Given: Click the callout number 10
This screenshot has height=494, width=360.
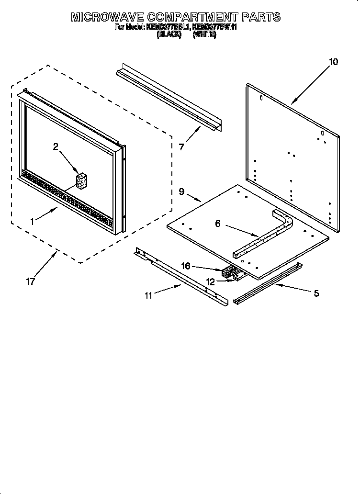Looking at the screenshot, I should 333,62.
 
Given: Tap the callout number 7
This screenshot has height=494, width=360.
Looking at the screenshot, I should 181,147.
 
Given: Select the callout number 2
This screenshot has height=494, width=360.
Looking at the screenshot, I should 56,147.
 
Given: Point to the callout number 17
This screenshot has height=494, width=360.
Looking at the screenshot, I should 30,281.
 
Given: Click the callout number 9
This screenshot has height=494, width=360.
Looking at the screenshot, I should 181,191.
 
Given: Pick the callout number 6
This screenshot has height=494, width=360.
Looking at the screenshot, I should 218,224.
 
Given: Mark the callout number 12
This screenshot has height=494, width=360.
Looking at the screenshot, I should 211,282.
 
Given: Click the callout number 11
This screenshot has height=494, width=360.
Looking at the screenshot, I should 148,295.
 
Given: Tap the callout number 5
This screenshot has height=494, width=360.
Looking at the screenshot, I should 316,293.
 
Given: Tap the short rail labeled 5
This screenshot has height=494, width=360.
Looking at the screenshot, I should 268,284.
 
